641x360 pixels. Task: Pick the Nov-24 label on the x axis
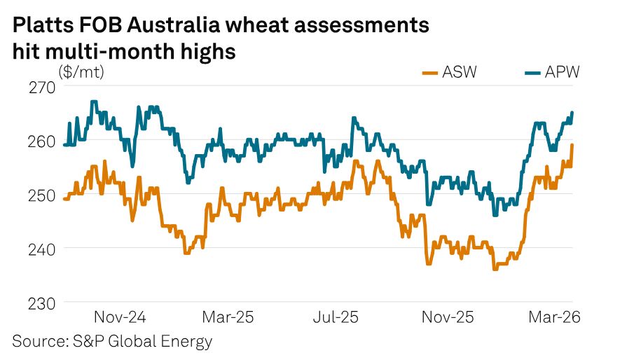119,317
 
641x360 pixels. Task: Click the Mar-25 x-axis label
228,317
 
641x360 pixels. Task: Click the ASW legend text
460,72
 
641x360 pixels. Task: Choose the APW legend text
562,72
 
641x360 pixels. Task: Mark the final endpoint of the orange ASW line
572,145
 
